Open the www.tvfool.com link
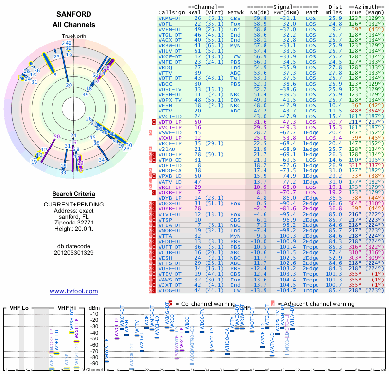73,291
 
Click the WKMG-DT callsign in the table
171,18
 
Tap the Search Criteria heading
73,194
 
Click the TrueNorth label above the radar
73,37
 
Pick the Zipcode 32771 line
73,222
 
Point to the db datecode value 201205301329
73,253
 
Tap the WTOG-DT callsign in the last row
171,290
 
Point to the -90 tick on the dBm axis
94,363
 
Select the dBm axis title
94,308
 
